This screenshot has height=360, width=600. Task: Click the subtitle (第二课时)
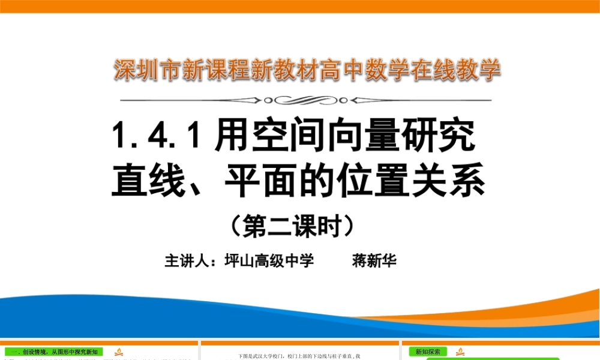click(298, 226)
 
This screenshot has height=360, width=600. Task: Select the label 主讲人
click(185, 262)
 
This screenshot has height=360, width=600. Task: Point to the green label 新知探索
click(427, 352)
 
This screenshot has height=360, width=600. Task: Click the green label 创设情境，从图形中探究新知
click(54, 352)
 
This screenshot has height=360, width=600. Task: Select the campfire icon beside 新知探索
click(461, 352)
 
